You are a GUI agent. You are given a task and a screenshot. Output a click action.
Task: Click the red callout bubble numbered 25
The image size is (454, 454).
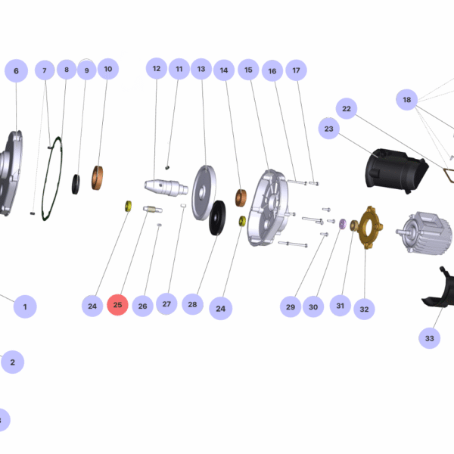click(x=117, y=306)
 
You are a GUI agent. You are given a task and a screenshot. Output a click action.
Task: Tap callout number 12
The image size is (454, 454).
click(x=157, y=69)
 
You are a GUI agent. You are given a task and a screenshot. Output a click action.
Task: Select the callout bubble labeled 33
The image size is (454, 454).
click(x=430, y=338)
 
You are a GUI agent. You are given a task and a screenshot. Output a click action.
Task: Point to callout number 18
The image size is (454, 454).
click(x=407, y=100)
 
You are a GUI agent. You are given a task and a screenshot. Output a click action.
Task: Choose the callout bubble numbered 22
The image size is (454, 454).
click(x=347, y=109)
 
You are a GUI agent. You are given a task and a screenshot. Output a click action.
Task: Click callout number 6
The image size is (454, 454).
click(x=16, y=71)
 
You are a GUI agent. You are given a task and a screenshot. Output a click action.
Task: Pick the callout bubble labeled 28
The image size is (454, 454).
click(x=192, y=304)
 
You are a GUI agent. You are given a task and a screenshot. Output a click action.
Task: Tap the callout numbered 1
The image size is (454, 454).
click(x=25, y=306)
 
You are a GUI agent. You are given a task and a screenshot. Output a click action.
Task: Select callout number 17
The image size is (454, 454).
click(x=296, y=70)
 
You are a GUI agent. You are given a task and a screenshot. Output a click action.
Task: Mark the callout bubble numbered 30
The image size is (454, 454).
click(x=313, y=306)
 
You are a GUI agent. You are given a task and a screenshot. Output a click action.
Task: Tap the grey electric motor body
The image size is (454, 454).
click(x=418, y=230)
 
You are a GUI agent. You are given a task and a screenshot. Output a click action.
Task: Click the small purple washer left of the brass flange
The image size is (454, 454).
click(x=341, y=223)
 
